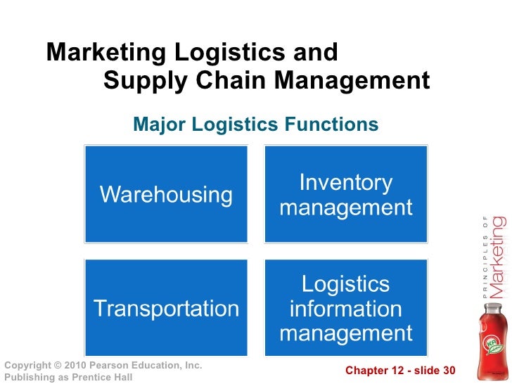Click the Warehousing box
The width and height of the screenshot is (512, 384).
point(166,194)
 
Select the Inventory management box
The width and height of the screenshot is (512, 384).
point(345,194)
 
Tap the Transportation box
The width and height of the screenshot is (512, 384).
point(166,308)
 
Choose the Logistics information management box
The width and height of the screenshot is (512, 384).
point(345,308)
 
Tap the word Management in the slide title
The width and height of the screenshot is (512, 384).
point(352,82)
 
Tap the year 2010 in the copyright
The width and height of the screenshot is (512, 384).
point(73,365)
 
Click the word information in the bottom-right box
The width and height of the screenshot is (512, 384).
point(345,309)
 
